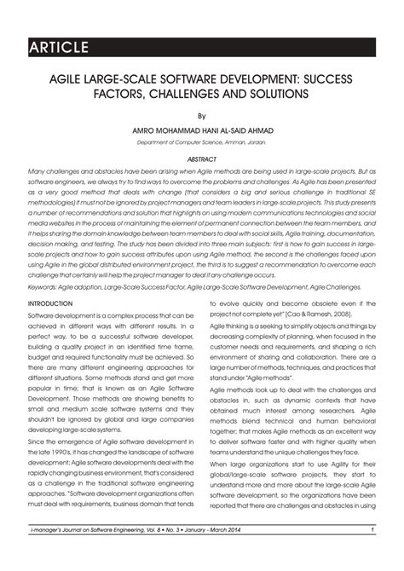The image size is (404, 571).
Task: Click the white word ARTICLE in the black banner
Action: click(x=58, y=45)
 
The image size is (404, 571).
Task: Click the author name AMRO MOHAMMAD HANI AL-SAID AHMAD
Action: click(x=202, y=130)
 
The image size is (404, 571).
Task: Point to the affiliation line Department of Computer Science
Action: click(x=201, y=142)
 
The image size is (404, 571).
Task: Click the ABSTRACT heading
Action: click(x=202, y=159)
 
